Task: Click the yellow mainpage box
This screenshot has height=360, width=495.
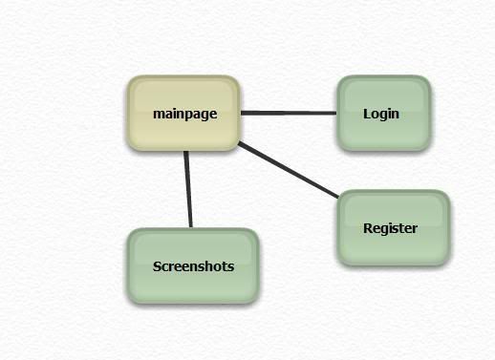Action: point(183,113)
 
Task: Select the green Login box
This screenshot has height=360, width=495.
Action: point(384,113)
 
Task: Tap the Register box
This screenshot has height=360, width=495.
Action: point(394,227)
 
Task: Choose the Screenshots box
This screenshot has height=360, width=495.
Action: point(193,265)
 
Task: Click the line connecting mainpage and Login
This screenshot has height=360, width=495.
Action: point(289,113)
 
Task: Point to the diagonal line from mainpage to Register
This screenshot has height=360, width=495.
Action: point(289,170)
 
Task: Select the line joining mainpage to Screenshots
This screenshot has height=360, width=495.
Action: point(188,189)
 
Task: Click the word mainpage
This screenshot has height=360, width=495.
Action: point(185,114)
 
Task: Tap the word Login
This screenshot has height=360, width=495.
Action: point(381,114)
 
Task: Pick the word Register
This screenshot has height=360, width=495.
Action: point(390,228)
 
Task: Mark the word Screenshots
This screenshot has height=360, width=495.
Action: point(193,266)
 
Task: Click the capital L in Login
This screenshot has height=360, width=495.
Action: point(367,114)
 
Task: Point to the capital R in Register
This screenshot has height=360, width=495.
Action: point(368,228)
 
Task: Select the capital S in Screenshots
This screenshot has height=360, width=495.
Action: point(157,266)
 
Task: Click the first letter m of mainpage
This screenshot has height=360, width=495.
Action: point(159,115)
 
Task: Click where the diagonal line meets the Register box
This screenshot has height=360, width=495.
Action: point(338,198)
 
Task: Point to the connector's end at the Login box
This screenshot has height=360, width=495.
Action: point(336,113)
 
